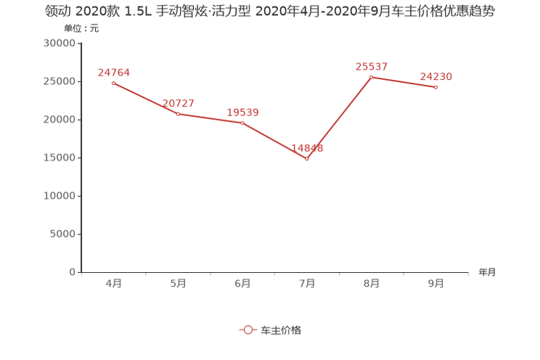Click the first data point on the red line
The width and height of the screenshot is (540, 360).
tap(112, 83)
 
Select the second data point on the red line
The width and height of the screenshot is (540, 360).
tap(178, 114)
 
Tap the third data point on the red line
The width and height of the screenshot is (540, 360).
tap(242, 123)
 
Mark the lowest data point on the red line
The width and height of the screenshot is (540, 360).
tap(307, 157)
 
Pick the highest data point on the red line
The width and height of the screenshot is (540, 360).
tap(370, 76)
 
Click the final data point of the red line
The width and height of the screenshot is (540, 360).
tap(435, 87)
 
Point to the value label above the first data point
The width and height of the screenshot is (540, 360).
tap(113, 71)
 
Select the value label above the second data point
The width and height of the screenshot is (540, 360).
tap(178, 103)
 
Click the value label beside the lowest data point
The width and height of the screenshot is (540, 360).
tap(307, 147)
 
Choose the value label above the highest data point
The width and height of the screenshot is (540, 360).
tap(371, 66)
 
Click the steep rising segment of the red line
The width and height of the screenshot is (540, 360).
tap(339, 117)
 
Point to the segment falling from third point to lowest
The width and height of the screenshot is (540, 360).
tap(274, 140)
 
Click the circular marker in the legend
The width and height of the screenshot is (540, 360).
tap(248, 330)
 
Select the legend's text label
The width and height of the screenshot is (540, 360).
tap(280, 330)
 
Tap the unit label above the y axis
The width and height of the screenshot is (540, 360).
tap(79, 29)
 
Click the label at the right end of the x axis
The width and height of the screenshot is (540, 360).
tap(487, 273)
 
